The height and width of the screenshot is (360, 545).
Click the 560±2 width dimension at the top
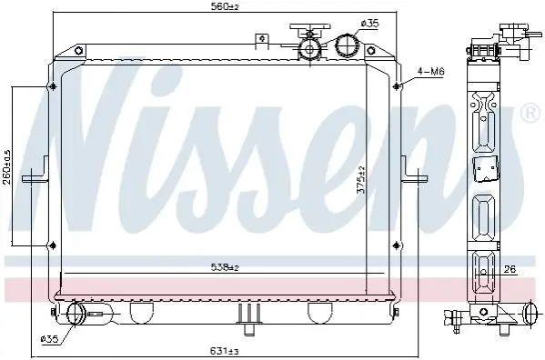(x=226, y=6)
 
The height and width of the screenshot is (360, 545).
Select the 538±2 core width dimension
(x=225, y=267)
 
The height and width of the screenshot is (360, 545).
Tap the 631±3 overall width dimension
(x=224, y=351)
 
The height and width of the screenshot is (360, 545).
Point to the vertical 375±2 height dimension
(x=361, y=180)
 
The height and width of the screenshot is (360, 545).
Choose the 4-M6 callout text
(x=431, y=72)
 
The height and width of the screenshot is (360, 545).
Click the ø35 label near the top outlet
(x=369, y=24)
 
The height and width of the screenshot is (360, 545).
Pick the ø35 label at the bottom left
(x=49, y=339)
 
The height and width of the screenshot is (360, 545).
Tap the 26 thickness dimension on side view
(x=510, y=269)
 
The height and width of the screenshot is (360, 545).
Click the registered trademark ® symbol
(x=530, y=112)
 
